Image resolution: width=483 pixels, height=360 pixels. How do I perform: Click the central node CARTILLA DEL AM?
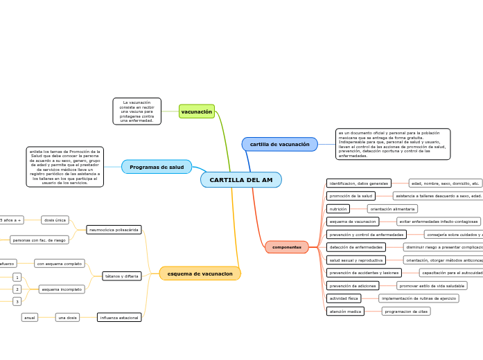tap(241, 180)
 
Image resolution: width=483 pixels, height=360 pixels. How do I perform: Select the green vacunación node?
tap(197, 111)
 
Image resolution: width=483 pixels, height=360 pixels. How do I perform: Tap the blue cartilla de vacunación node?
tap(279, 144)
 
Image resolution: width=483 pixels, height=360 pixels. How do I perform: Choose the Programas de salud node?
tap(157, 167)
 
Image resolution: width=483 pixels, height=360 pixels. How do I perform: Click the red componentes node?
tap(286, 247)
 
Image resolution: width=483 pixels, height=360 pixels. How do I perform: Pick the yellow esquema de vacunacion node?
tap(200, 273)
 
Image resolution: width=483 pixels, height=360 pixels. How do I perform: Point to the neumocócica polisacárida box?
tap(114, 229)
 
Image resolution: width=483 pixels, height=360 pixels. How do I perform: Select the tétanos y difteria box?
tap(122, 276)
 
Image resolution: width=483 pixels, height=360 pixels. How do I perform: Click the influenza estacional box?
tap(119, 318)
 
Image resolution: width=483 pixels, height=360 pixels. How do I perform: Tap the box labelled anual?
tap(30, 318)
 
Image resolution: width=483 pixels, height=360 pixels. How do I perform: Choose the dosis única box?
tap(55, 220)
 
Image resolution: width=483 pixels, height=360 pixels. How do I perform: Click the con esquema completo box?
tap(60, 264)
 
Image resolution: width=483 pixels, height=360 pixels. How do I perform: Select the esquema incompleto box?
tap(62, 289)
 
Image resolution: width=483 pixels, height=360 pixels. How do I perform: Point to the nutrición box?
tap(338, 208)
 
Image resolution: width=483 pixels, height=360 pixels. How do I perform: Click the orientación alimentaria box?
tap(392, 208)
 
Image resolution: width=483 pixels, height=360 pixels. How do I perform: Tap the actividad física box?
tap(344, 298)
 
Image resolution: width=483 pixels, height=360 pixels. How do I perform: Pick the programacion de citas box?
tap(406, 312)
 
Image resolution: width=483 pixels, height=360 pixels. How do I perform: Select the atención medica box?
tap(345, 312)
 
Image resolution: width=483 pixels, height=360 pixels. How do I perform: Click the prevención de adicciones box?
tap(353, 286)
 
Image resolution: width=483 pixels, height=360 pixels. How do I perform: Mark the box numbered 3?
tap(17, 302)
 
